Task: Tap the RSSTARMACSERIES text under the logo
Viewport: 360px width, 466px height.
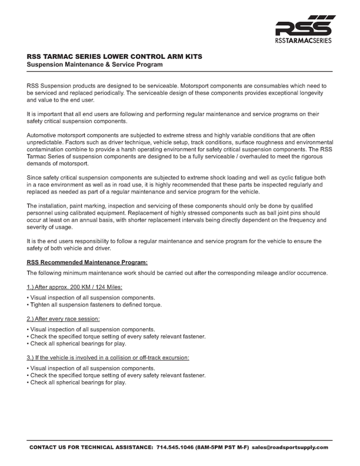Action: click(303, 40)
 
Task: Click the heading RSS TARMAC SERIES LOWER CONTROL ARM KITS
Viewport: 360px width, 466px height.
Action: click(114, 57)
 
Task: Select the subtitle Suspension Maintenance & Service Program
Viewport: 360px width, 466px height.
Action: click(94, 65)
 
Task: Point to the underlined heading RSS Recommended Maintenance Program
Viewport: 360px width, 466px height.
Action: click(87, 262)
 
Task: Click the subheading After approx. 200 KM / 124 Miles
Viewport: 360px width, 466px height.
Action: click(74, 287)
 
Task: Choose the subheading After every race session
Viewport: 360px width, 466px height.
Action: click(63, 319)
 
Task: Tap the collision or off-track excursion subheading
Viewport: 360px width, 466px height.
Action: click(108, 358)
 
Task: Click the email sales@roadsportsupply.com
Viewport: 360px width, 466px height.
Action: click(290, 447)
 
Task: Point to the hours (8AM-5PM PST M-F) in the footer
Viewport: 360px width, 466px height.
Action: click(222, 447)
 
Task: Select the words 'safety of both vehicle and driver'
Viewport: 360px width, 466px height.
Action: click(68, 248)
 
